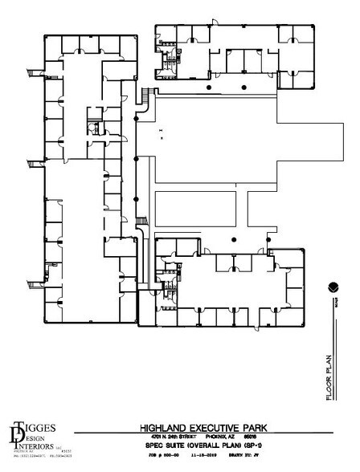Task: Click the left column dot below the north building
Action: tap(209, 87)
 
